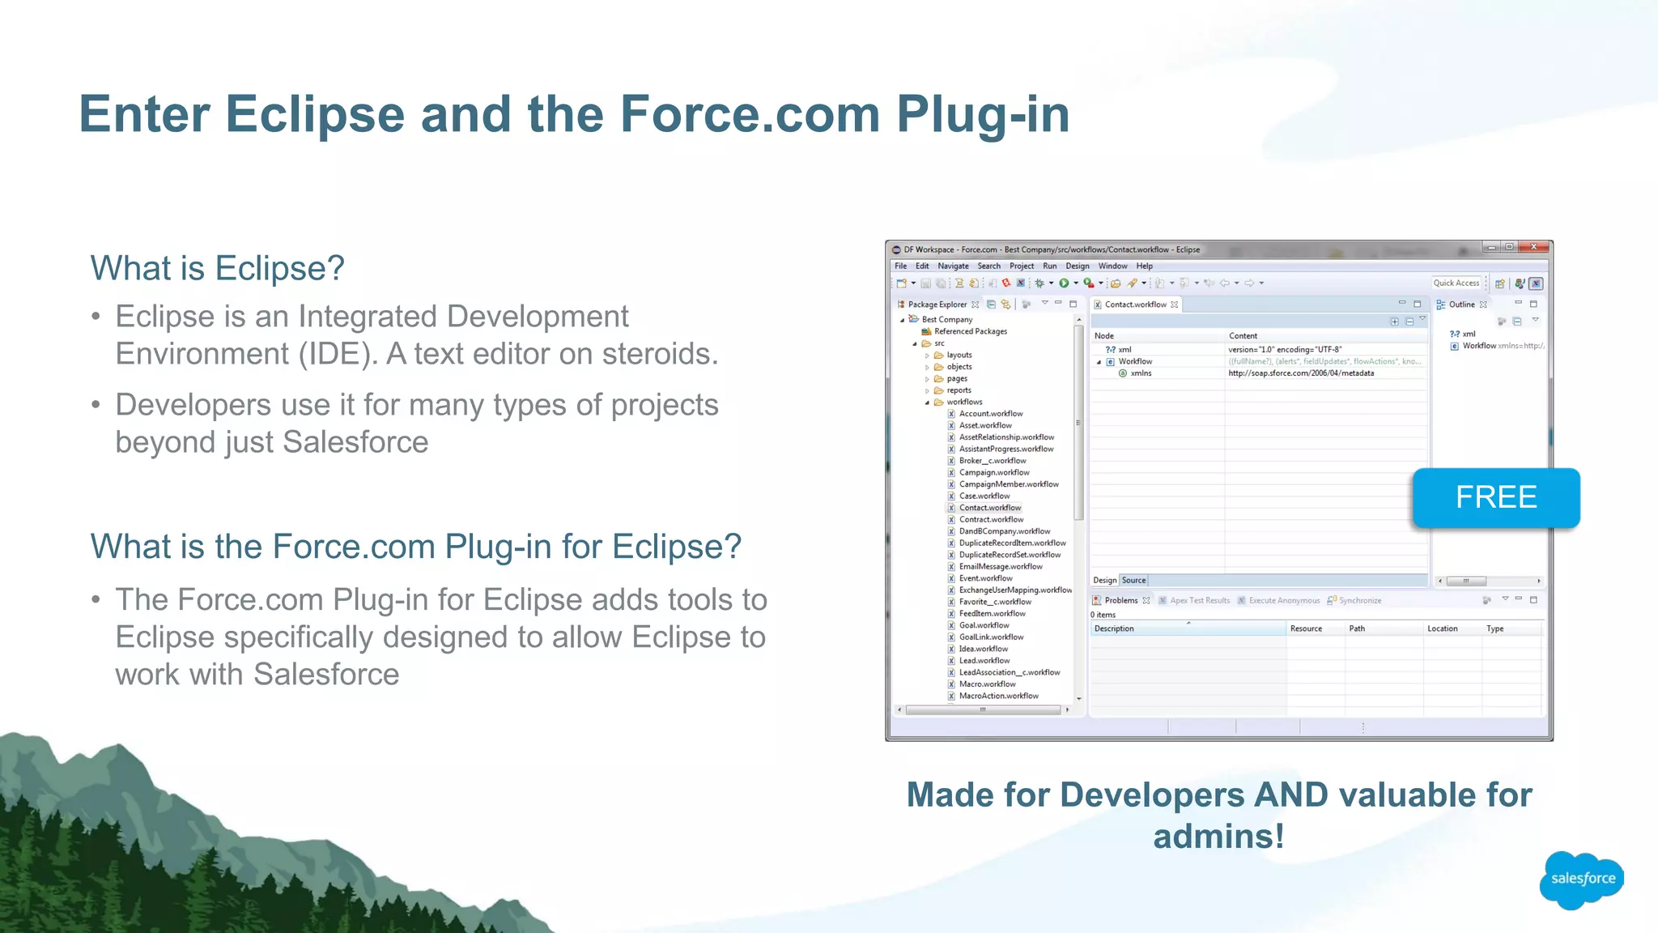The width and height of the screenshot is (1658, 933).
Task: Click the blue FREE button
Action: point(1495,497)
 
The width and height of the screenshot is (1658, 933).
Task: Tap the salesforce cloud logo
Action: point(1582,879)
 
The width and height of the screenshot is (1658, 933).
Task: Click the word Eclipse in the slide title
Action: point(314,114)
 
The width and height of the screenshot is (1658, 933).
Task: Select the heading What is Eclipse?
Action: point(217,268)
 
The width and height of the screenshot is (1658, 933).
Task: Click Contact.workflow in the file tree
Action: point(989,508)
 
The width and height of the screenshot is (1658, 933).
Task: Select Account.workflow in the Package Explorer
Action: point(990,414)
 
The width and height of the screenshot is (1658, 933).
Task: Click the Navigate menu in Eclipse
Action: point(953,266)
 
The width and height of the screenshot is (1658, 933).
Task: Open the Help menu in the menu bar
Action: point(1144,266)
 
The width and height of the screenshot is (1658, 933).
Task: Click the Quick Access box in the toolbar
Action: point(1456,283)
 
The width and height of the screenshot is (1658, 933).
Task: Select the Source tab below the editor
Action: point(1133,580)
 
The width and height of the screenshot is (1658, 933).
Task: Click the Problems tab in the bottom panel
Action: point(1120,600)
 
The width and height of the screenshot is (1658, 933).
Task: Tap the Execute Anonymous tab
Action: point(1283,600)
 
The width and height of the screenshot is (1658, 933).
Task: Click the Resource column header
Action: point(1305,628)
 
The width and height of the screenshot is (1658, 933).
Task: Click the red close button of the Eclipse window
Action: point(1533,247)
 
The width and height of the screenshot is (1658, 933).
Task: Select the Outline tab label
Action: point(1461,305)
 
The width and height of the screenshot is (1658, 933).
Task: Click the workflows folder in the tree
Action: point(963,402)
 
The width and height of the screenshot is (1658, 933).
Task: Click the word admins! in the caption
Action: point(1218,837)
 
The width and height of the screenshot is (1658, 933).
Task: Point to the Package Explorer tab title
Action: point(937,305)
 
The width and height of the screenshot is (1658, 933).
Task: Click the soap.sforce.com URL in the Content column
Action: point(1300,373)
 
